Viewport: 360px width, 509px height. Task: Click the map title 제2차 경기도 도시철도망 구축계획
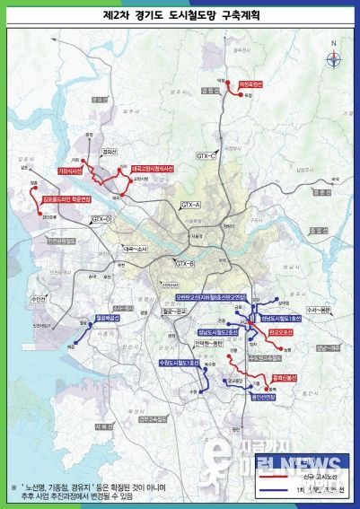point(180,15)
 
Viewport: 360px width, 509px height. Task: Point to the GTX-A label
point(191,206)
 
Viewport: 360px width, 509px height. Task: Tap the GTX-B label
point(186,263)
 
